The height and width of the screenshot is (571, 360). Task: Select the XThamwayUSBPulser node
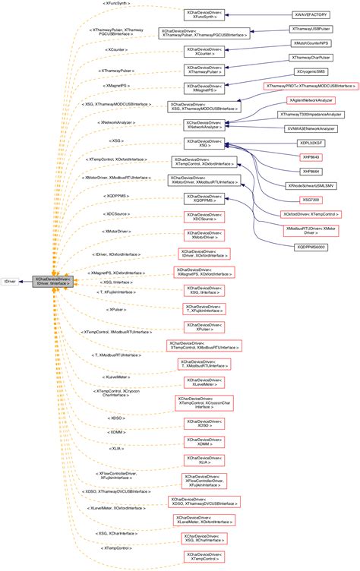[311, 29]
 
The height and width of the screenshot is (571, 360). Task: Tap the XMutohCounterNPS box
[311, 43]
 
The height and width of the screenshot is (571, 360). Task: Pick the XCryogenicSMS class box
[311, 71]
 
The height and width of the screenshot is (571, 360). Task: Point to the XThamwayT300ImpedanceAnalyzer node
[312, 114]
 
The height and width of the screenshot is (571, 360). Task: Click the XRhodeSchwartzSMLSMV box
[311, 185]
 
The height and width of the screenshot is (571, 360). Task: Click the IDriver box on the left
[11, 281]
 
